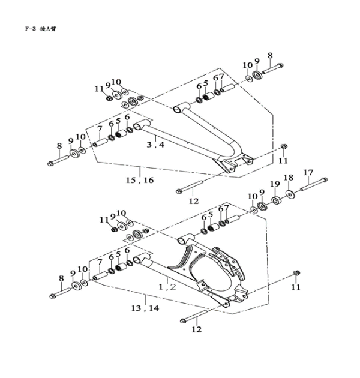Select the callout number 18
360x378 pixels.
(x=288, y=178)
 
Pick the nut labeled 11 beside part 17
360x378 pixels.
(x=296, y=275)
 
